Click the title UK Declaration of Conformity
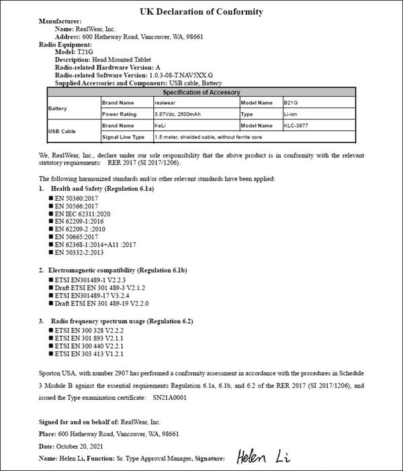[x=201, y=11]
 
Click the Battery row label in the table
[x=58, y=108]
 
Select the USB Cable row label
[x=61, y=131]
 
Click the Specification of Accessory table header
[x=201, y=92]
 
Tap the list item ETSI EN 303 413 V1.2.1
[x=91, y=353]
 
